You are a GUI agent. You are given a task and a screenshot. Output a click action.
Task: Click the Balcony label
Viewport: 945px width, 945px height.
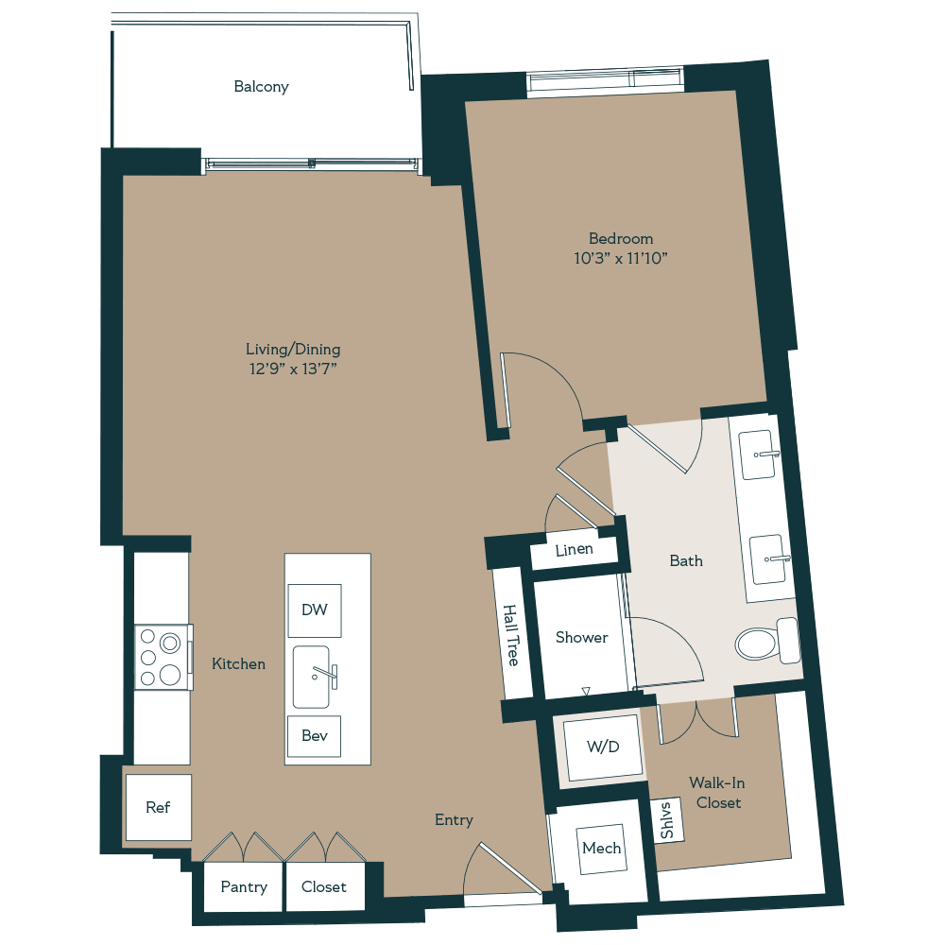(262, 87)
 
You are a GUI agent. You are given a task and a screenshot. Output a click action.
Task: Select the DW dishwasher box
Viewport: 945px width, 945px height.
(315, 610)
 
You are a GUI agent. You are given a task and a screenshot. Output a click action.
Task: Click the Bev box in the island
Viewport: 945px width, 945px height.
(315, 735)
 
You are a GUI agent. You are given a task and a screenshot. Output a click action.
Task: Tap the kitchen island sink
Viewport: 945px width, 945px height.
(313, 676)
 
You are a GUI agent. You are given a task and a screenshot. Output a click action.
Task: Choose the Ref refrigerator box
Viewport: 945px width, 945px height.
(158, 808)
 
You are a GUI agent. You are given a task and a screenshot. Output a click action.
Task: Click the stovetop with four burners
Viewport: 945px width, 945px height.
(162, 658)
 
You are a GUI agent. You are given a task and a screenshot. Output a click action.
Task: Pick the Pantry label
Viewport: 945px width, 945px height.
(244, 887)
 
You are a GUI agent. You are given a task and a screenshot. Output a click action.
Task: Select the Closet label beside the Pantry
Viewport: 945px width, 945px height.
(324, 887)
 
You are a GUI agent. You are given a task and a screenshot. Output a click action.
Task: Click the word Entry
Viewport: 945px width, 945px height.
(454, 820)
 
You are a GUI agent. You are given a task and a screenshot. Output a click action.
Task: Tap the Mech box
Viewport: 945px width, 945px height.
(602, 848)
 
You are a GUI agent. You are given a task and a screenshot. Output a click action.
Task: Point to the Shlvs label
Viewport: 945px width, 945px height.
(667, 820)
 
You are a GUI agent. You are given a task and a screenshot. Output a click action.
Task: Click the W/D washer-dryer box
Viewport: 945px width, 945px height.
(603, 747)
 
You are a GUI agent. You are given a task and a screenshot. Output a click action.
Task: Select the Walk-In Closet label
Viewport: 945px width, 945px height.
(714, 793)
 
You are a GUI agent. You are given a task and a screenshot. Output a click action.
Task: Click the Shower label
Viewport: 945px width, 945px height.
(582, 638)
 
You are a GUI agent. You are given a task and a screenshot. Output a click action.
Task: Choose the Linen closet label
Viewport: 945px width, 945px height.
(575, 550)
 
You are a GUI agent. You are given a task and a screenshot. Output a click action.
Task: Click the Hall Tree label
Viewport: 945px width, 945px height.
(511, 635)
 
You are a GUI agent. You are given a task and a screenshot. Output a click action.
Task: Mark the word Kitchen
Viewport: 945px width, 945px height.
(239, 664)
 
